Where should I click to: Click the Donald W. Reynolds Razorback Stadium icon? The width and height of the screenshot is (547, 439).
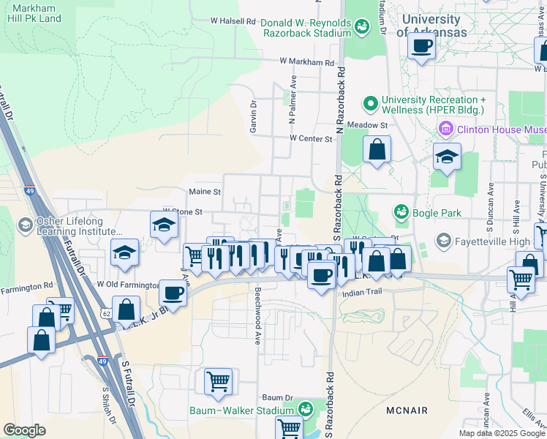(x=361, y=28)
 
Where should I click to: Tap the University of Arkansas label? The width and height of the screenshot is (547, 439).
(x=431, y=26)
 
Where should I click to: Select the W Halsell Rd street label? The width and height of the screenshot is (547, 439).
(x=236, y=21)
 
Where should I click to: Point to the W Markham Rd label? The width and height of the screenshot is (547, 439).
(x=306, y=63)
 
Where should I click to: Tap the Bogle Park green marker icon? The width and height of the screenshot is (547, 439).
(x=400, y=212)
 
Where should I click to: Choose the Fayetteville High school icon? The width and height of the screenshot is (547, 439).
(x=443, y=241)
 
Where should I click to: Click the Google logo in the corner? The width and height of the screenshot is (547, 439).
(x=24, y=430)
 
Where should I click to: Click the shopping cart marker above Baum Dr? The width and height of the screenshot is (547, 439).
(x=218, y=381)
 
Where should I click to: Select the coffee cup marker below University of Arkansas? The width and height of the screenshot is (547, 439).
(x=421, y=47)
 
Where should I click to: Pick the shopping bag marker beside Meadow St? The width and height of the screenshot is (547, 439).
(x=377, y=150)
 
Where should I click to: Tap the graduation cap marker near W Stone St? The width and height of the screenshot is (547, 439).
(x=165, y=225)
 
